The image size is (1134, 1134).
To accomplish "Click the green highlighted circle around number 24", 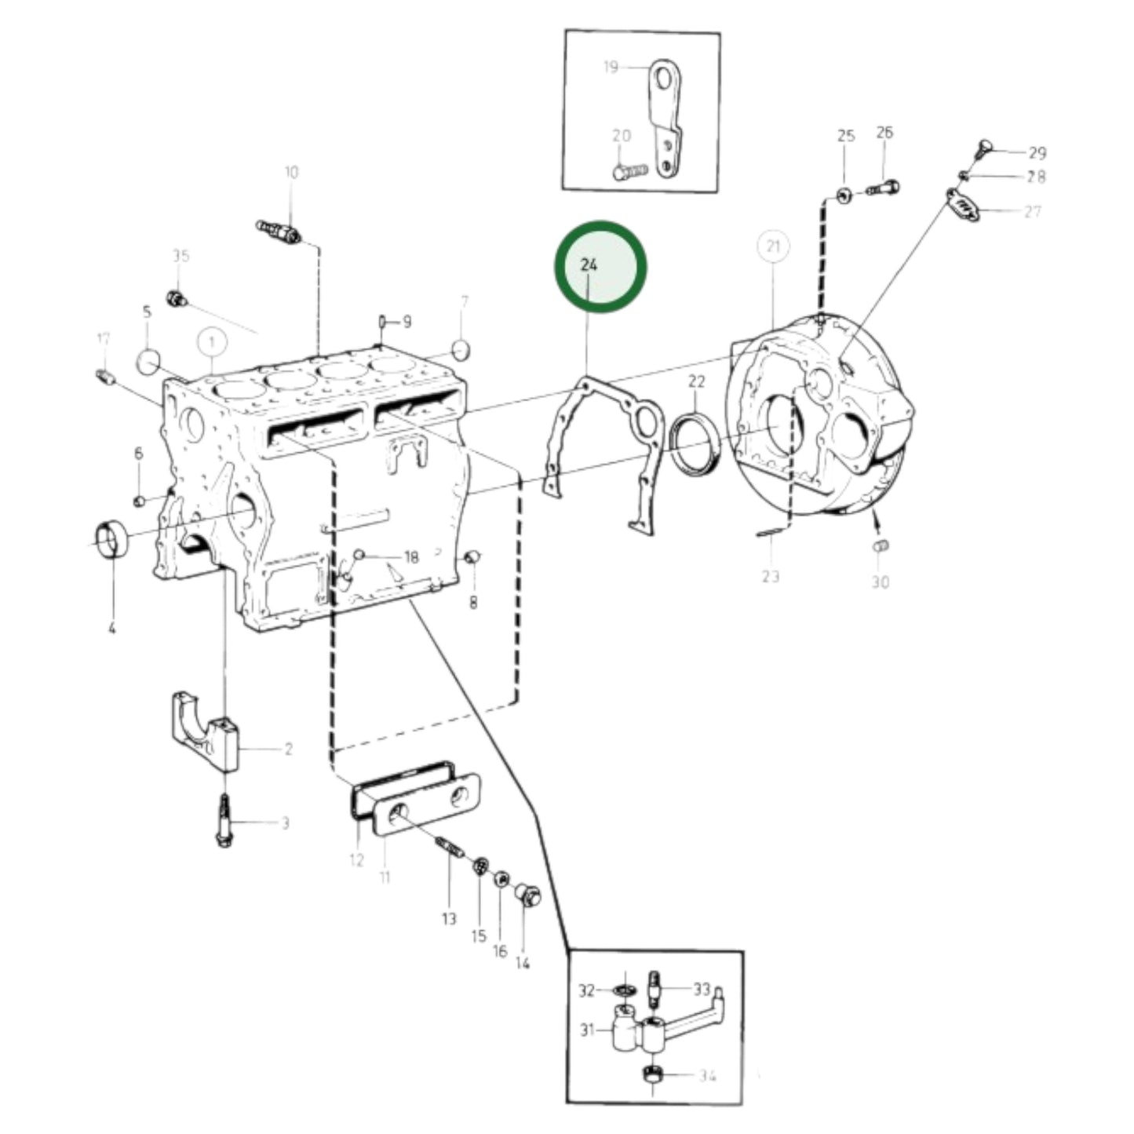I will point(600,266).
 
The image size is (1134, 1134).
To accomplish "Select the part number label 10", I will point(291,172).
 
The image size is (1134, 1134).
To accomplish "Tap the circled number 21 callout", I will point(773,247).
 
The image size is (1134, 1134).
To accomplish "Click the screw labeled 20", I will point(629,169).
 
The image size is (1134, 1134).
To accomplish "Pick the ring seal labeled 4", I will point(111,539).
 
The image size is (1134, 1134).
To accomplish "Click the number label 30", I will point(881,582).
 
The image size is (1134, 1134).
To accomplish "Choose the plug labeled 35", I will point(177,297).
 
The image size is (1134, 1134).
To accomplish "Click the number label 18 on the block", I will point(411,557).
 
